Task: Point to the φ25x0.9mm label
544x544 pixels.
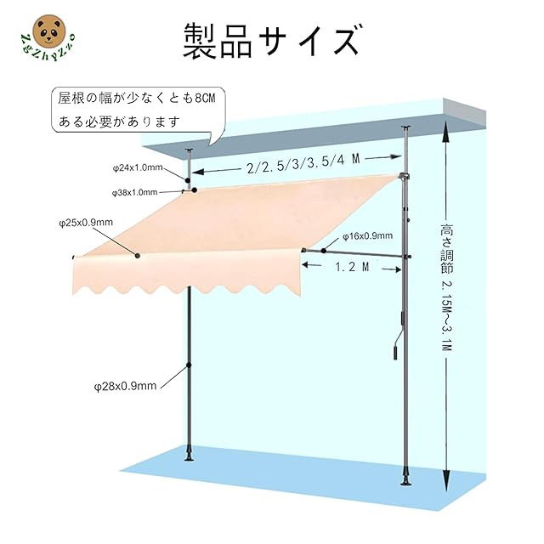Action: click(x=86, y=223)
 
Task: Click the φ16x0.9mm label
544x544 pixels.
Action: click(x=367, y=235)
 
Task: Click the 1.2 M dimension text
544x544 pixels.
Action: click(x=350, y=267)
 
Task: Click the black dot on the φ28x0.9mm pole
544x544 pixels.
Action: click(x=188, y=367)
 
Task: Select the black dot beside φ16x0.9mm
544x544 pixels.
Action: click(x=324, y=250)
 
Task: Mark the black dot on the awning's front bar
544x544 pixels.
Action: click(x=137, y=255)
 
